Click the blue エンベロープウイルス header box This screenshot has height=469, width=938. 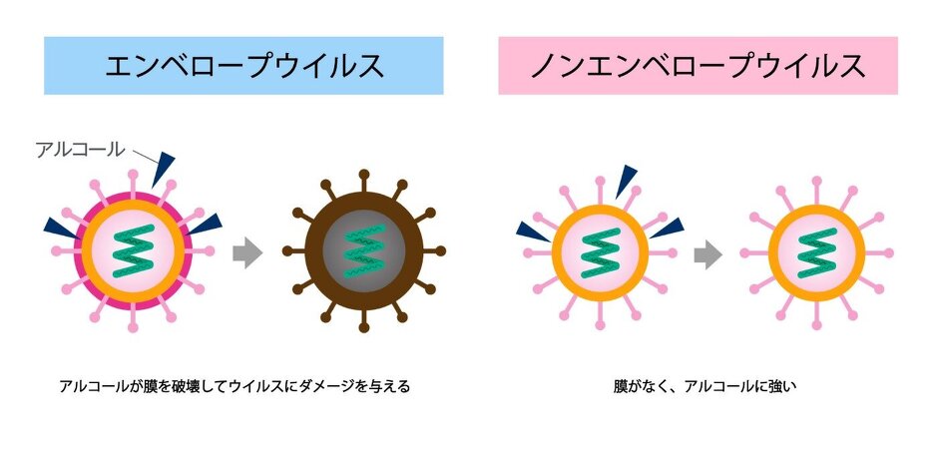243,66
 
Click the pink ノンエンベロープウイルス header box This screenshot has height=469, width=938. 699,66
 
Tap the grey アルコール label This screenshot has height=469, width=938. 80,150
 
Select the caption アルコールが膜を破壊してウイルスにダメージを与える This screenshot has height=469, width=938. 234,386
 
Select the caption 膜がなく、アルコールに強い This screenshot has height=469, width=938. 705,386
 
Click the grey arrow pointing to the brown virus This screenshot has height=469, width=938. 247,252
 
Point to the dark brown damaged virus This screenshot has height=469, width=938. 363,251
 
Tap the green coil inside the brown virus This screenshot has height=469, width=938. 363,251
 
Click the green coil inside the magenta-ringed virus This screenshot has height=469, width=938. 133,251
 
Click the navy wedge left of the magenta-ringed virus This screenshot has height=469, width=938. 62,228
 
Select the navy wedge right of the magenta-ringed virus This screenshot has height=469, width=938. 206,225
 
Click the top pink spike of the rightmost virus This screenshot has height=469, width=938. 816,190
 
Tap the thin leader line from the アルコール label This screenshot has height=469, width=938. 144,157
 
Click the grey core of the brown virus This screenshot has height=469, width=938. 363,251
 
